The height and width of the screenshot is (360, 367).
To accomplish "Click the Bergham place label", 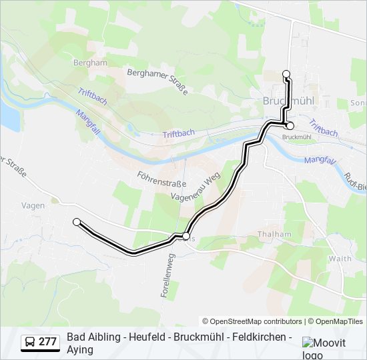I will coord(91,63).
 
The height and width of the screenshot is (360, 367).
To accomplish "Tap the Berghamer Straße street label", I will coord(157,81).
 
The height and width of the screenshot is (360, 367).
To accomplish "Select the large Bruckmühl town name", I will coord(288,101).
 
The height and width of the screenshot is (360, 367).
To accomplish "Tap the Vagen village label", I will coord(33,206).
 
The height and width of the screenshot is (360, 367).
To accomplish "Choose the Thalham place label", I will coord(274,234).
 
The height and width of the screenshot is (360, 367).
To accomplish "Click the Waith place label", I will coord(340,258).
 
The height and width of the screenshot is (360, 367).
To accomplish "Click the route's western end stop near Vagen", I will coord(77,222).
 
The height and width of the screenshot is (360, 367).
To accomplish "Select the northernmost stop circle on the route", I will coord(286,74).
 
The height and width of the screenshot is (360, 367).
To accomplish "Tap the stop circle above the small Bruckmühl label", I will coord(290,125).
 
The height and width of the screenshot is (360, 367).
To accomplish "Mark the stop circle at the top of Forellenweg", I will coord(186,235).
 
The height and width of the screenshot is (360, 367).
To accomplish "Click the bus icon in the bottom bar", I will coord(30,342).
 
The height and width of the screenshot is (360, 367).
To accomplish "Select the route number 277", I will coord(47,342).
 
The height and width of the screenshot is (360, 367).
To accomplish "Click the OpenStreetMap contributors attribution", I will coord(252,321).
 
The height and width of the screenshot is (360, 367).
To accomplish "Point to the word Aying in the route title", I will coord(80,349).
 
